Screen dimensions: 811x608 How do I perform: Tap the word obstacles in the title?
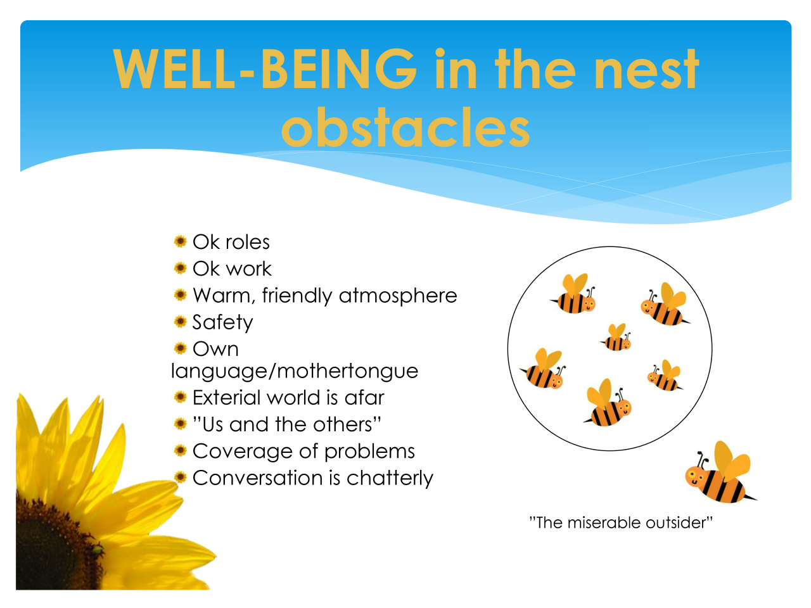point(405,127)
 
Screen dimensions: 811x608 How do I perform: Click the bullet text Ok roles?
point(231,242)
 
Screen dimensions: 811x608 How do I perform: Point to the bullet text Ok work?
point(232,269)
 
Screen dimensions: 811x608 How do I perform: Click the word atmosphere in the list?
point(398,296)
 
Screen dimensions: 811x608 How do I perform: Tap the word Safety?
point(223,322)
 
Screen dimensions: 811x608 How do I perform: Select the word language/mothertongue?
point(295,371)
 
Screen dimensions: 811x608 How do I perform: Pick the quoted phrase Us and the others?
point(287,424)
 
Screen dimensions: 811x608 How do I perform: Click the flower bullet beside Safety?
point(181,322)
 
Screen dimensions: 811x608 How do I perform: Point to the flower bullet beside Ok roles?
point(181,241)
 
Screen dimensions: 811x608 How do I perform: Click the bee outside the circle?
point(719,473)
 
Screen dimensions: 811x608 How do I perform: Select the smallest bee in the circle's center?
point(616,338)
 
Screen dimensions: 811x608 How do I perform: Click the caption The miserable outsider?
point(621,522)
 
